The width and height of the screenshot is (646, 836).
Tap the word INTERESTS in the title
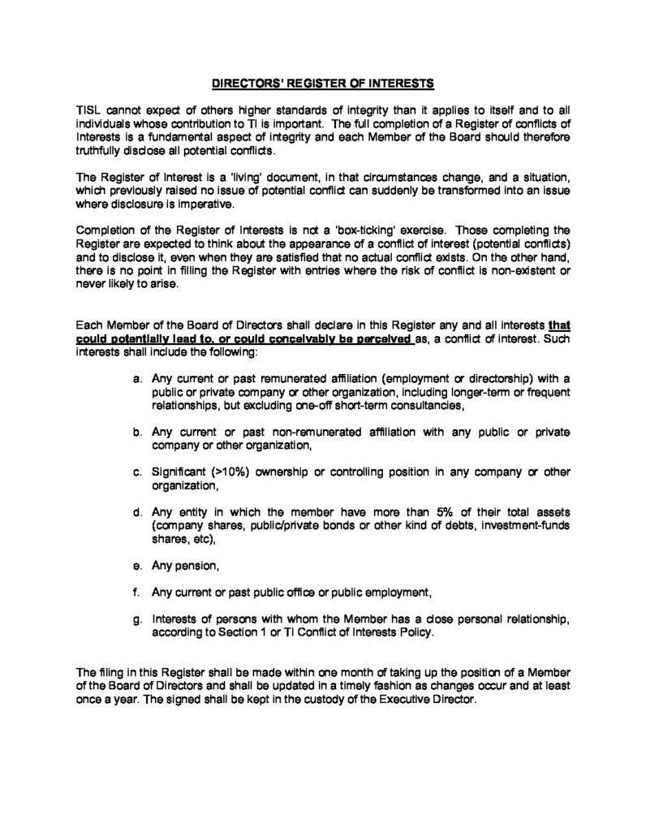[x=404, y=82]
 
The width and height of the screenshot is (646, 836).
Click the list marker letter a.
[x=135, y=380]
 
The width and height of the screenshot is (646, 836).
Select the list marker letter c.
[x=135, y=472]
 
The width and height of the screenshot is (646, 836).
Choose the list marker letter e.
[x=135, y=564]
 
